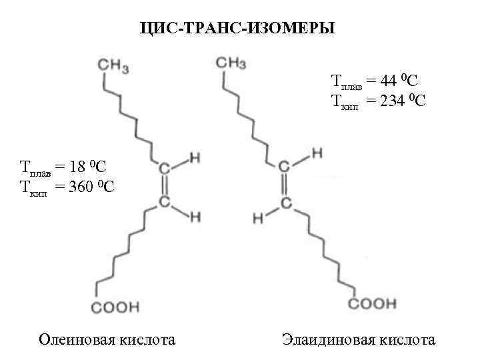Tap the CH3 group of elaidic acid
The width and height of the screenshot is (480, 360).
[231, 63]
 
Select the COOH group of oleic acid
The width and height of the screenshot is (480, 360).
[115, 307]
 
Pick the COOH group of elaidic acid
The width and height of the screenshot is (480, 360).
[373, 304]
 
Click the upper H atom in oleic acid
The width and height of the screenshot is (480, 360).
[195, 158]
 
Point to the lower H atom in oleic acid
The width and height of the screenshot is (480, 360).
[195, 216]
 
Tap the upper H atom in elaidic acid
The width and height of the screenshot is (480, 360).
[317, 153]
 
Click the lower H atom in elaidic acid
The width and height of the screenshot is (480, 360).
[257, 217]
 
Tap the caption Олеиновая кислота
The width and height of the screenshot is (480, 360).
[107, 340]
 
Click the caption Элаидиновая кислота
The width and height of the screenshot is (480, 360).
[358, 340]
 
